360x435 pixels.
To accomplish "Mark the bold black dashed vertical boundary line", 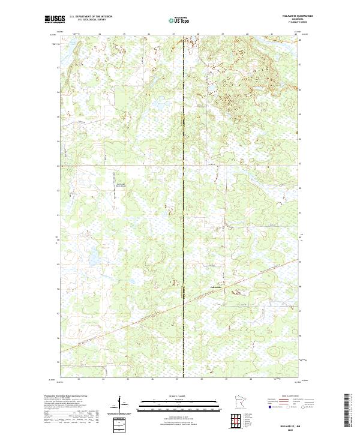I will (x=182, y=180).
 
